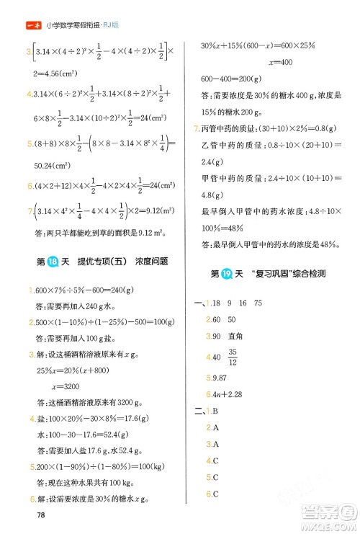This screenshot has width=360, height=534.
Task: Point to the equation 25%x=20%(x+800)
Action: (x=76, y=370)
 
